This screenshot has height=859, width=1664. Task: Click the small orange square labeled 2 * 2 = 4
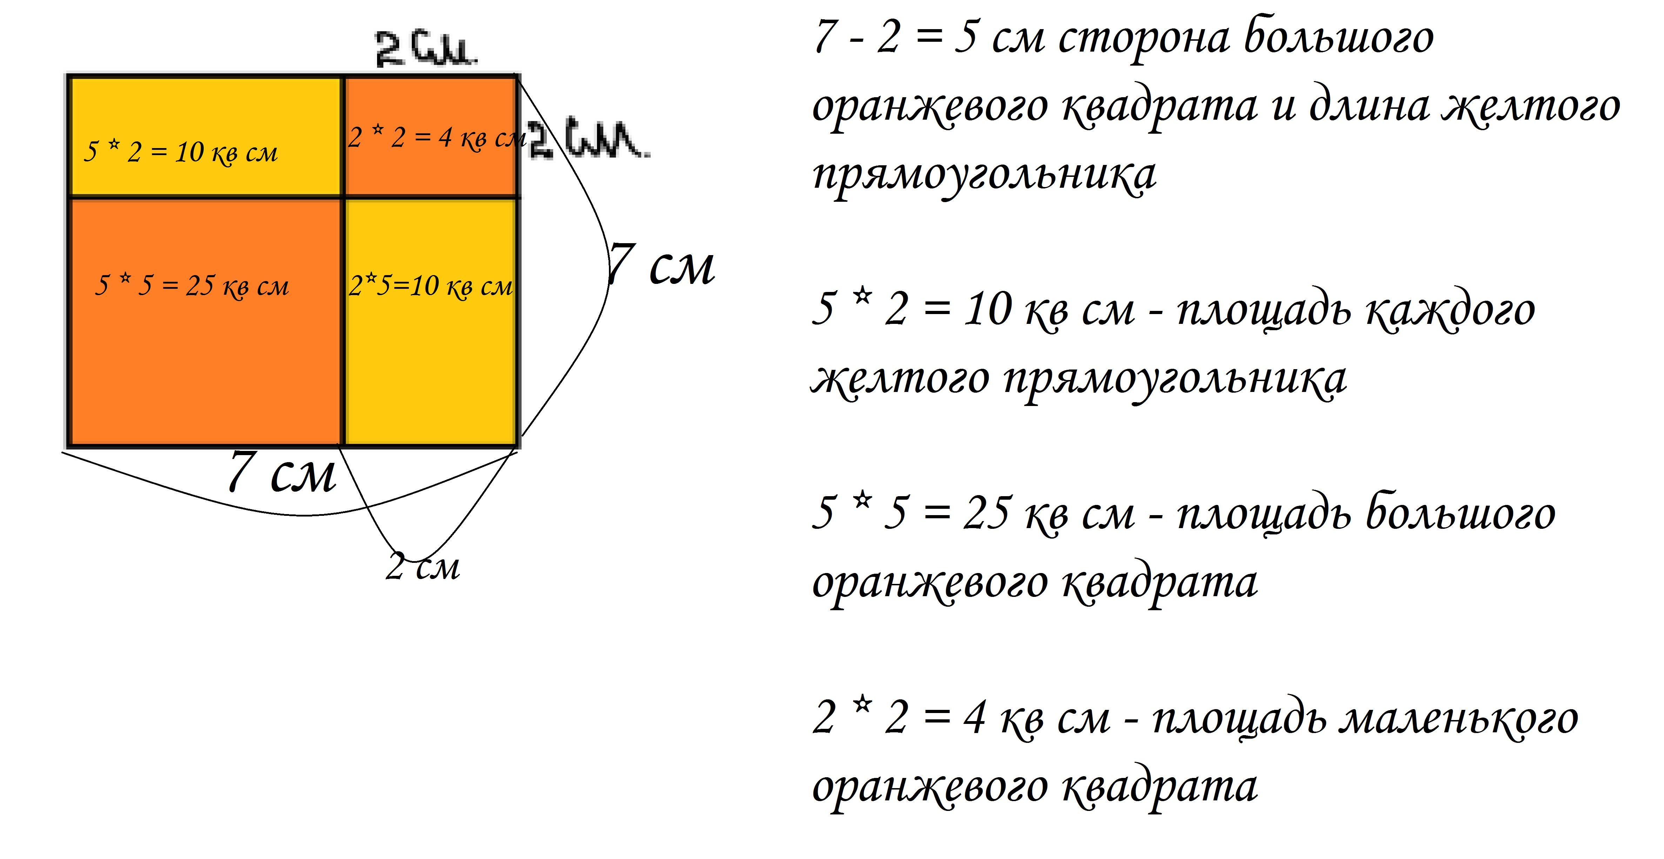[x=431, y=136]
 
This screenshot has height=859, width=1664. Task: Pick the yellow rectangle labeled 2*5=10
[x=431, y=321]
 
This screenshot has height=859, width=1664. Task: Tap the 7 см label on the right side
[x=662, y=265]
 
